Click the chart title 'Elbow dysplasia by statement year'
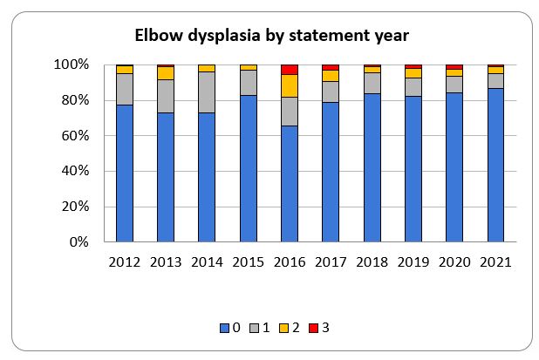(x=271, y=36)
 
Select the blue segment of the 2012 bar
(x=125, y=173)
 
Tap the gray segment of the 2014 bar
(x=207, y=92)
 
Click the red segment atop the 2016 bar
(x=290, y=70)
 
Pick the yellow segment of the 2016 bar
(x=290, y=85)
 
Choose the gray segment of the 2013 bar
(x=166, y=96)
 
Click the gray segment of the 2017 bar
(x=331, y=92)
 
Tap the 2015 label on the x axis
(x=249, y=261)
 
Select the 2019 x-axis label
(x=413, y=261)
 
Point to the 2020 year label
(x=454, y=261)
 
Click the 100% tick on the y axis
(x=72, y=65)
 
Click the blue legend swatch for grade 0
(x=224, y=328)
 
